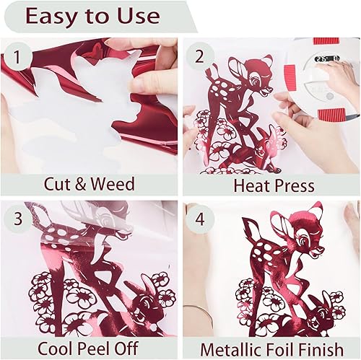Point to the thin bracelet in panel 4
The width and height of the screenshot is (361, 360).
coord(196,310)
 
